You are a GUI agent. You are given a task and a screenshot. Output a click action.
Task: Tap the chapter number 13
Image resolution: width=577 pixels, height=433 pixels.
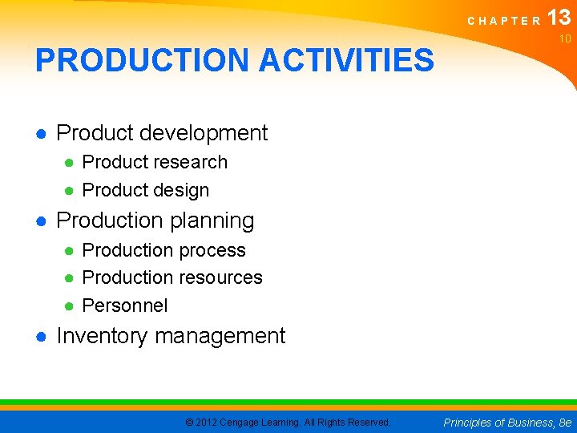click(x=559, y=18)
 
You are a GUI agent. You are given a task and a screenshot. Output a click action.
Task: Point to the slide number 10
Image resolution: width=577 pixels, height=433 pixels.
click(x=565, y=38)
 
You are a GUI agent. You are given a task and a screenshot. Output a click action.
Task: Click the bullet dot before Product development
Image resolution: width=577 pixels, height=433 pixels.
click(x=40, y=133)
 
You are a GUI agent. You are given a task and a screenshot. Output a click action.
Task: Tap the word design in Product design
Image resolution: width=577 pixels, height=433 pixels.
click(x=182, y=191)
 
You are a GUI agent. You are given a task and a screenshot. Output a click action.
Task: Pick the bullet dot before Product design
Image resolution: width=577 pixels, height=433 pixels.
click(x=70, y=191)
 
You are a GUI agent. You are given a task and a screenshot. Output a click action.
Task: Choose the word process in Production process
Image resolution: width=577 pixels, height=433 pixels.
click(x=212, y=250)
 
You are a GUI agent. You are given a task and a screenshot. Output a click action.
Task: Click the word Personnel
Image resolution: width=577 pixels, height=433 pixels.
click(x=125, y=306)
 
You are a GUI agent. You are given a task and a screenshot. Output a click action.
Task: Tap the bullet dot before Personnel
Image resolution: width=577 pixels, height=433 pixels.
click(x=70, y=306)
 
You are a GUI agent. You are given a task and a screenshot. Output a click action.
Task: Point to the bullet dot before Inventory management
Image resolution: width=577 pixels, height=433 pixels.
click(x=40, y=337)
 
